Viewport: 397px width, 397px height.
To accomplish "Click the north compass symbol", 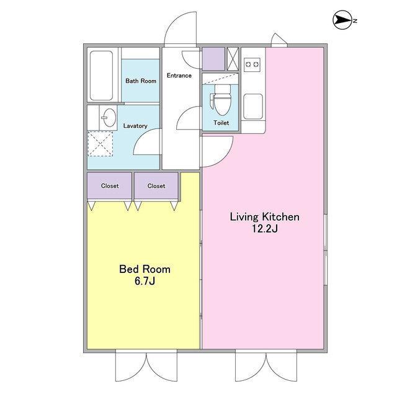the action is pos(342,20).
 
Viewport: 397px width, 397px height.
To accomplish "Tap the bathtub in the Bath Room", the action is pos(101,76).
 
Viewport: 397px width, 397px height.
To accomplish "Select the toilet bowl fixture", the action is pos(221,100).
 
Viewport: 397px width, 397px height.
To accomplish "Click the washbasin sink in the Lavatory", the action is pos(109,117).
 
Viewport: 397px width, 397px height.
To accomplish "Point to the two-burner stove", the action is pos(252,65).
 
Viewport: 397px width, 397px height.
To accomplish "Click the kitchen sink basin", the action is pos(253,106).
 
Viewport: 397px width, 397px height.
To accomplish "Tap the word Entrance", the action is pos(179,76).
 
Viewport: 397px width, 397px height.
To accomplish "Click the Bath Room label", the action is pos(141,81).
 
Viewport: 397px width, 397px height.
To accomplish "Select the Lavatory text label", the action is pos(135,126).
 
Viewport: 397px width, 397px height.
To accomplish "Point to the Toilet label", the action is pos(221,123).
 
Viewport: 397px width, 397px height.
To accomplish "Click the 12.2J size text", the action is pos(264,229).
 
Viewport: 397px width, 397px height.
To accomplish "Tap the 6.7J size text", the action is pos(145,281).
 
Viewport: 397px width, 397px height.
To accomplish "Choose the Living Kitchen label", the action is pos(264,217).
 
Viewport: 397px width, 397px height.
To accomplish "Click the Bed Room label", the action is pos(145,269).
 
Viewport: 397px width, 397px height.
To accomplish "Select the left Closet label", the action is pos(110,186).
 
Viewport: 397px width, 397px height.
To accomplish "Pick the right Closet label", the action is pos(156,186).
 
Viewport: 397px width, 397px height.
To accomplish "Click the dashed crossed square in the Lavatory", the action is pos(100,144).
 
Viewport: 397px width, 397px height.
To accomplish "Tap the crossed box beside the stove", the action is pos(233,59).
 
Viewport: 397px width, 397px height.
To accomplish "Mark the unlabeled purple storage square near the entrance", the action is pos(213,59).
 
